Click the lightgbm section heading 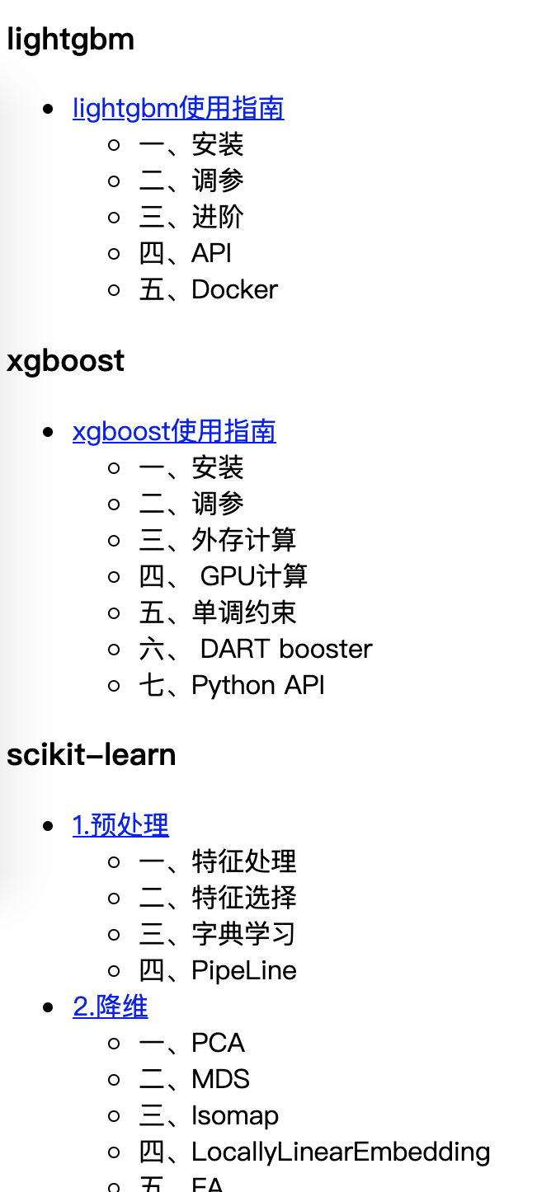pos(70,40)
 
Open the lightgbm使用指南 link pos(178,108)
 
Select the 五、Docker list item pos(209,289)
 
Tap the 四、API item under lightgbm pos(186,253)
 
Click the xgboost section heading pos(65,361)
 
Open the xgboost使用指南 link pos(174,431)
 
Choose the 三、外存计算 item pos(218,540)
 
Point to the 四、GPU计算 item pos(224,576)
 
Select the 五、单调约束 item pos(218,612)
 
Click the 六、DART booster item pos(256,649)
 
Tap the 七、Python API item pos(232,685)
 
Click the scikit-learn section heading pos(91,755)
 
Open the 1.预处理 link pos(120,825)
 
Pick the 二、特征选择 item pos(218,898)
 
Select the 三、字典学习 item pos(217,934)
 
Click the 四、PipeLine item pos(218,970)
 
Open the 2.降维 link pos(111,1007)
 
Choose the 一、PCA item pos(192,1043)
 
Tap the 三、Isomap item pos(209,1115)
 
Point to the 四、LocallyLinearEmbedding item pos(314,1152)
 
